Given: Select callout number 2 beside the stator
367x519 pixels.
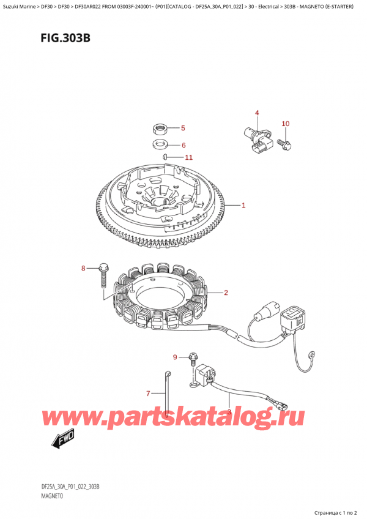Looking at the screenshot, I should [x=226, y=293].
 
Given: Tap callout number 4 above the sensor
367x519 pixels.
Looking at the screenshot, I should [x=257, y=113].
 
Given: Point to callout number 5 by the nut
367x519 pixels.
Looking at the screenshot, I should [x=182, y=129].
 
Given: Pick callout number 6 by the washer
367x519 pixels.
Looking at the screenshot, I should [x=182, y=145].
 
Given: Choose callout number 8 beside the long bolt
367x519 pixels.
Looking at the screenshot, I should [x=84, y=268].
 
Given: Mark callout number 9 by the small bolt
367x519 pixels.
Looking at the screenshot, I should [x=175, y=357].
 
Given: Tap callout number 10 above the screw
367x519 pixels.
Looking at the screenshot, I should [x=285, y=124].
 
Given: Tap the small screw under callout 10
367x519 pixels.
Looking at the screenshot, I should [x=284, y=144].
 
